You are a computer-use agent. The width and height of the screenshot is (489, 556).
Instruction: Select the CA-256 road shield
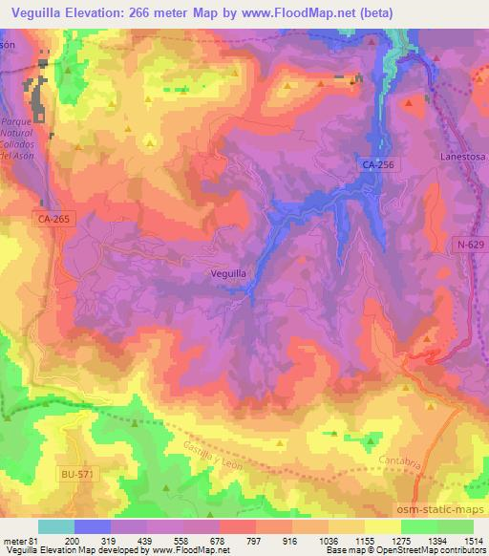point(377,164)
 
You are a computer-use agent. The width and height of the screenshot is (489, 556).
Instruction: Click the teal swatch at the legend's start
point(55,526)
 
